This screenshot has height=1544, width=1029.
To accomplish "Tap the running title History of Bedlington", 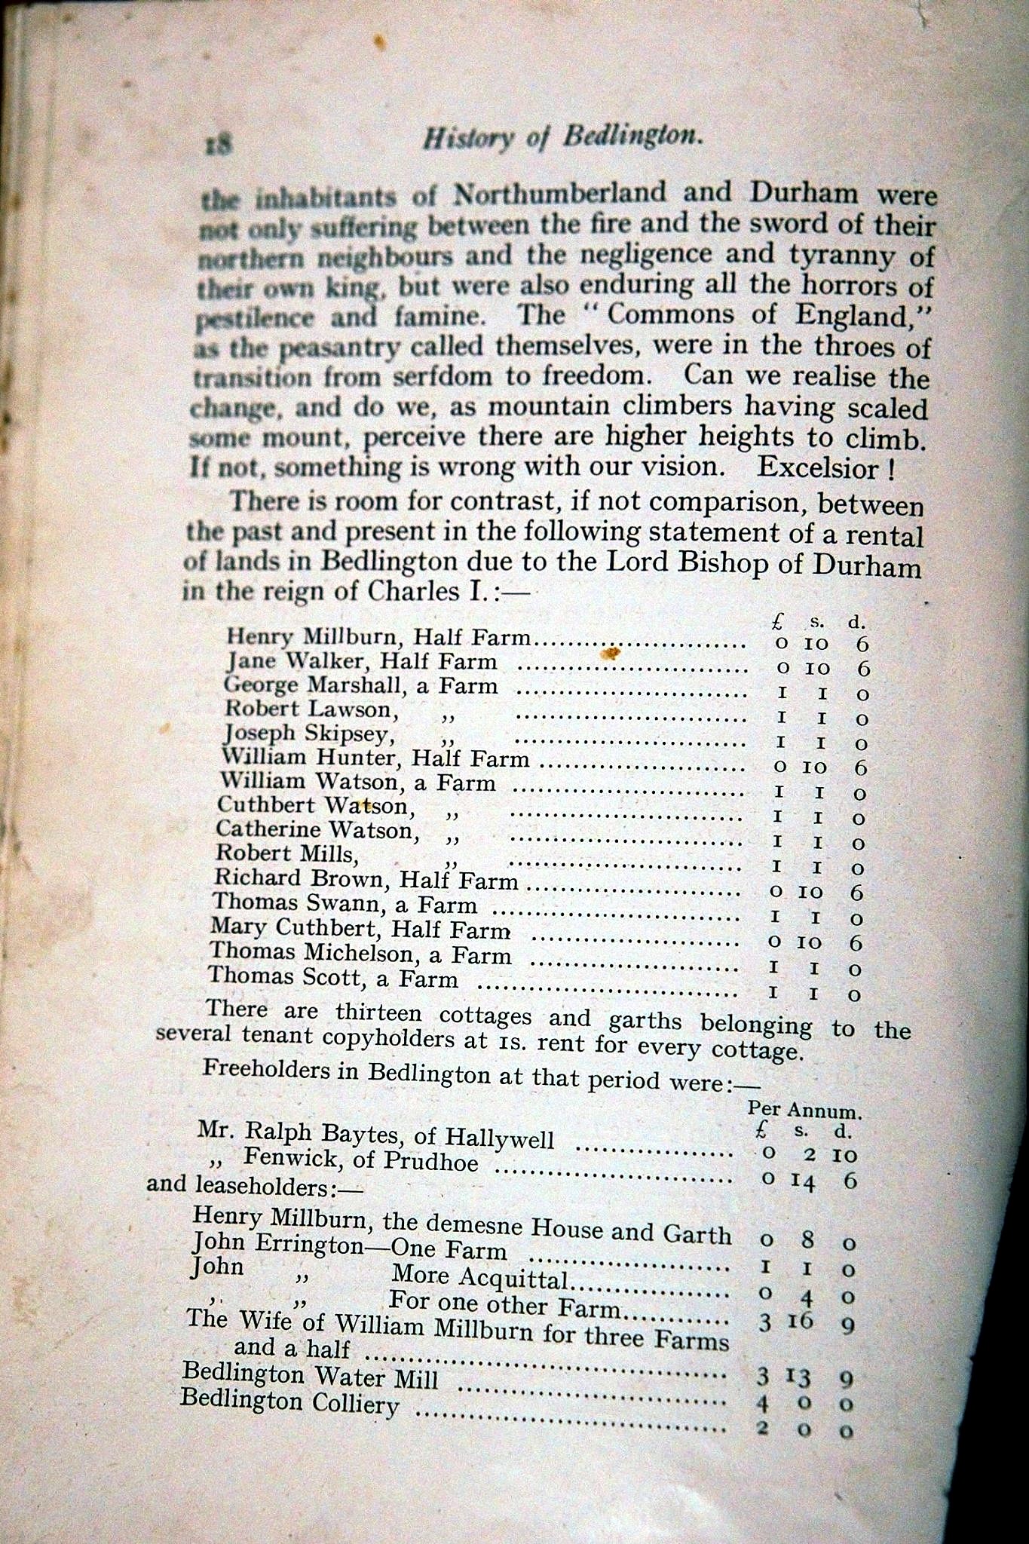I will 562,137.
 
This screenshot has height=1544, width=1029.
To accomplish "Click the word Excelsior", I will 817,467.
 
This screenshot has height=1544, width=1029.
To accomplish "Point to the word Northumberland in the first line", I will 559,195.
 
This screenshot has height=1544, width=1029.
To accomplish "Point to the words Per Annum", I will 804,1110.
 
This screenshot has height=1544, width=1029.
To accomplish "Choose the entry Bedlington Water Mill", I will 310,1374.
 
